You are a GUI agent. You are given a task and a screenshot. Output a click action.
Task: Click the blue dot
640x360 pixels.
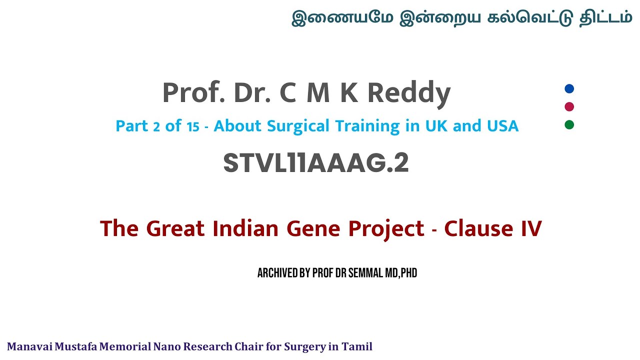569,89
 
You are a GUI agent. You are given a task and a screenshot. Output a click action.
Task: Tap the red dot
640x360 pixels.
569,106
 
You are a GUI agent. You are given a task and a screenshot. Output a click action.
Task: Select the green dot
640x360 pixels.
569,124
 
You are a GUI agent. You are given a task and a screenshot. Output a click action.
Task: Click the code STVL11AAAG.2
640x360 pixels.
316,163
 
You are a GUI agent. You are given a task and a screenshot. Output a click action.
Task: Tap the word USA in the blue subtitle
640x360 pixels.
502,126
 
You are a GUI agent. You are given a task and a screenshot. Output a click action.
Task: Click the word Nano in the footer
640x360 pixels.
167,346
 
